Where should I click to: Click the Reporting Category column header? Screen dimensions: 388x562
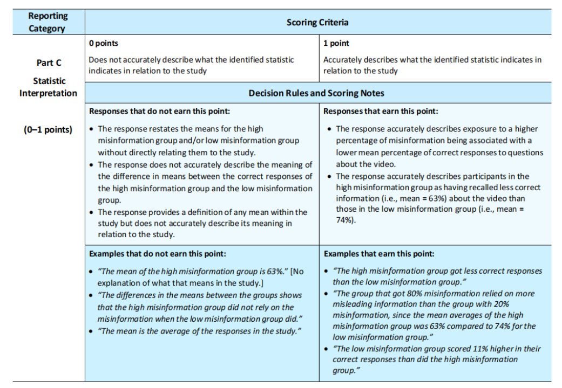click(48, 22)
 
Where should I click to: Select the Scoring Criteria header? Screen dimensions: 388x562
click(317, 22)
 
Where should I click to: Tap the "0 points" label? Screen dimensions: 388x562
click(103, 43)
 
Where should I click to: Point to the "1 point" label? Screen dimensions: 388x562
click(336, 43)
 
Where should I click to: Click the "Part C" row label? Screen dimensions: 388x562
click(49, 63)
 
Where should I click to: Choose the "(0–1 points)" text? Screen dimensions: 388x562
click(48, 130)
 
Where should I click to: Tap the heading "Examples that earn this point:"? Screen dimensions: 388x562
click(379, 253)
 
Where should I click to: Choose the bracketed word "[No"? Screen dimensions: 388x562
click(297, 272)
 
